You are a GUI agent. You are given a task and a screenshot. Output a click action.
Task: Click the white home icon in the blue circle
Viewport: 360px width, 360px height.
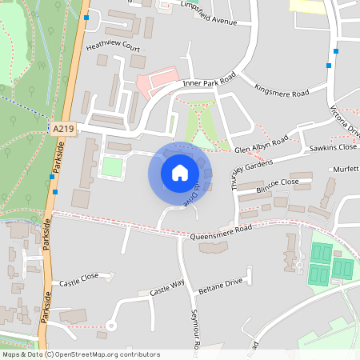[x=180, y=172]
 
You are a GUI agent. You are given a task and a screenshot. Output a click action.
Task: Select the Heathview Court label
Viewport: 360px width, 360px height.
[x=113, y=48]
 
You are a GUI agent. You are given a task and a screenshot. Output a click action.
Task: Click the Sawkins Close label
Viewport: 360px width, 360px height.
[x=333, y=147]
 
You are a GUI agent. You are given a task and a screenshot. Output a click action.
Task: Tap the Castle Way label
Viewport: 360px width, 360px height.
[x=167, y=288]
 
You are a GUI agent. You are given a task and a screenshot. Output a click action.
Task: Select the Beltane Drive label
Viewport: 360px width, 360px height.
[x=222, y=284]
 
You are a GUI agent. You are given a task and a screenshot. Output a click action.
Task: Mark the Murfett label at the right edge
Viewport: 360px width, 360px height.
[x=346, y=170]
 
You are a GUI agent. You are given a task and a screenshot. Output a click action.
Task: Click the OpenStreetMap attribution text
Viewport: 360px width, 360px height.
[x=81, y=354]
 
